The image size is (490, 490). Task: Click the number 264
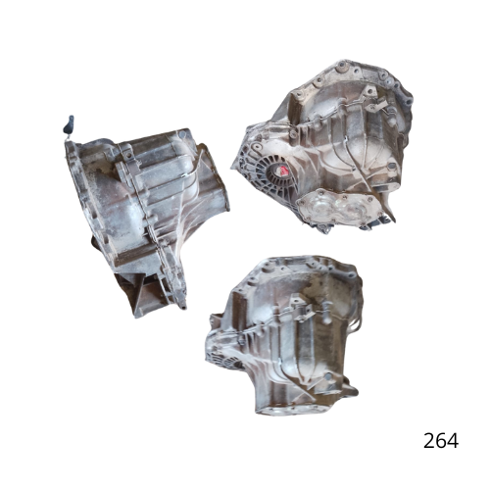pyautogui.click(x=441, y=440)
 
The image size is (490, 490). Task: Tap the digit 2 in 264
pyautogui.click(x=429, y=440)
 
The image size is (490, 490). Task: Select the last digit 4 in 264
pyautogui.click(x=453, y=440)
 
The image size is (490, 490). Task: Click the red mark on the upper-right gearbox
pyautogui.click(x=283, y=171)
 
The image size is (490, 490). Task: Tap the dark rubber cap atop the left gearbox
pyautogui.click(x=69, y=124)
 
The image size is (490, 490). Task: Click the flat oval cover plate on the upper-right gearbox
pyautogui.click(x=338, y=208)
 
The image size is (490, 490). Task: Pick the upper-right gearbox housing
pyautogui.click(x=323, y=147)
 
